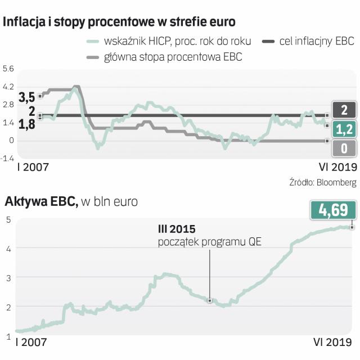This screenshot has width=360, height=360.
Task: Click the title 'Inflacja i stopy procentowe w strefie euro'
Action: tap(119, 22)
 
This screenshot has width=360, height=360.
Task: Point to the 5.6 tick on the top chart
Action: tap(8, 69)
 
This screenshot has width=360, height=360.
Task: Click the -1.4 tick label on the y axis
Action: tap(8, 158)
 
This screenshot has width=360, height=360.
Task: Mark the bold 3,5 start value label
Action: tap(26, 97)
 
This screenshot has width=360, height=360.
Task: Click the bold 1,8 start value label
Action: tap(26, 124)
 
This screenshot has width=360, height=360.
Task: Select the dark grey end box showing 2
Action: tap(343, 109)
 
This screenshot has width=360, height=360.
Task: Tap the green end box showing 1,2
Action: tap(343, 129)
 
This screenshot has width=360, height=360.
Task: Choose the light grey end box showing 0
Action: tap(343, 148)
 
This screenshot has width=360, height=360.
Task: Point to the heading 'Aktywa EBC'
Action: tap(40, 201)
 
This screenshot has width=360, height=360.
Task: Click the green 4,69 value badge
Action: tap(333, 210)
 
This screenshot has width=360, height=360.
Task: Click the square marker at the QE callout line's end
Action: tap(210, 301)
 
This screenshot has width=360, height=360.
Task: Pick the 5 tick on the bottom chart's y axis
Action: tap(8, 204)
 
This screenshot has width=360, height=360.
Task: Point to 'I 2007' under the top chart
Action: tap(32, 166)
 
